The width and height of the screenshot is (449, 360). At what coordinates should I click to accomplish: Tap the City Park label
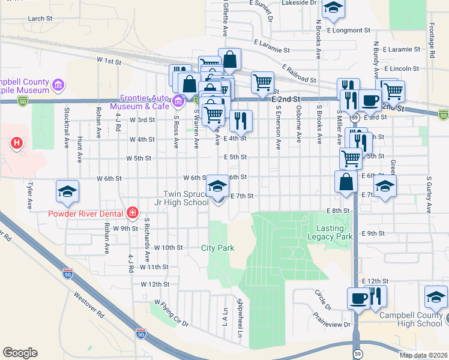coord(217,248)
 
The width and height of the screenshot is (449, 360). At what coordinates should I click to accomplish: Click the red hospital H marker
coord(17,143)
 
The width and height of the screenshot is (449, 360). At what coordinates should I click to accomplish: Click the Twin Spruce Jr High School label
coord(187,199)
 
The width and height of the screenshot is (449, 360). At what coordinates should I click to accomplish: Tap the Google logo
coord(20,353)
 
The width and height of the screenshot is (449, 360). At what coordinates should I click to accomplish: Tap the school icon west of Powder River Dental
coord(68,191)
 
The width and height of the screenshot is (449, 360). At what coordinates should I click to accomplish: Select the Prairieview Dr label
coord(331,320)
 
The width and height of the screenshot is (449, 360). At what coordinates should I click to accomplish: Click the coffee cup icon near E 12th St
coord(359,298)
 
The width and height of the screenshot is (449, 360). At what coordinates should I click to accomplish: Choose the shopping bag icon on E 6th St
coord(346,183)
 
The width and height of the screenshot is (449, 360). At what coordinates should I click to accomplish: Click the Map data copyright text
coord(423,355)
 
